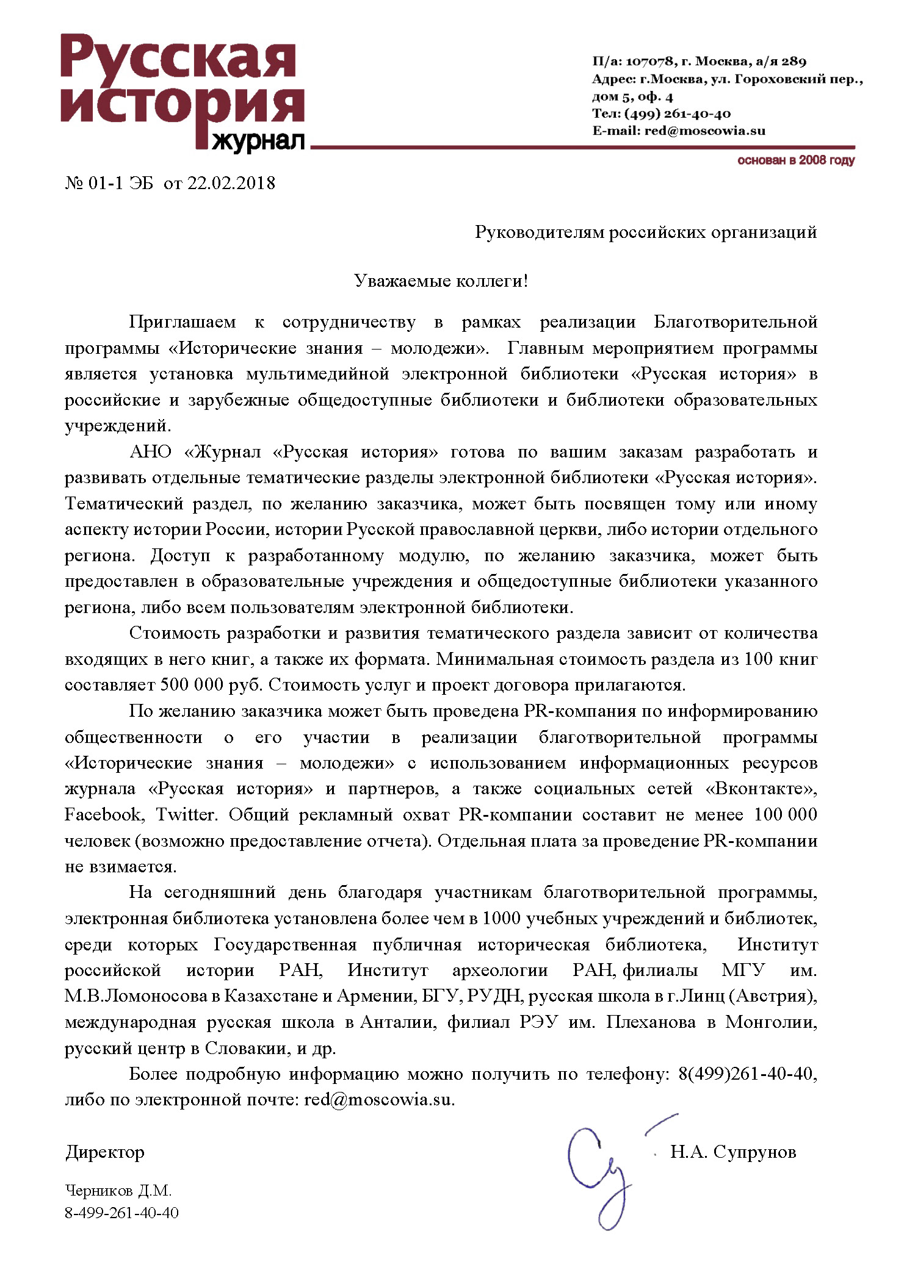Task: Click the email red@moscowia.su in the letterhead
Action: point(704,131)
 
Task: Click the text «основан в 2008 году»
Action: point(795,160)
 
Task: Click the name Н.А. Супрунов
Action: point(733,1152)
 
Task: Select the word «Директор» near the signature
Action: point(105,1152)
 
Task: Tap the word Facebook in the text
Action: point(104,815)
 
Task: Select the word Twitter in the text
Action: point(186,815)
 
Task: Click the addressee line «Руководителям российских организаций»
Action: point(646,232)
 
